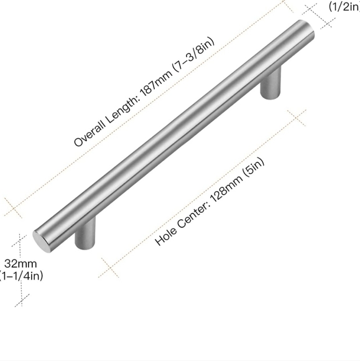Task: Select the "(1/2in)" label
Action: [344, 7]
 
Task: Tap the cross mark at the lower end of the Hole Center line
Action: [108, 269]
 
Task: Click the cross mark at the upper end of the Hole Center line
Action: [297, 118]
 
